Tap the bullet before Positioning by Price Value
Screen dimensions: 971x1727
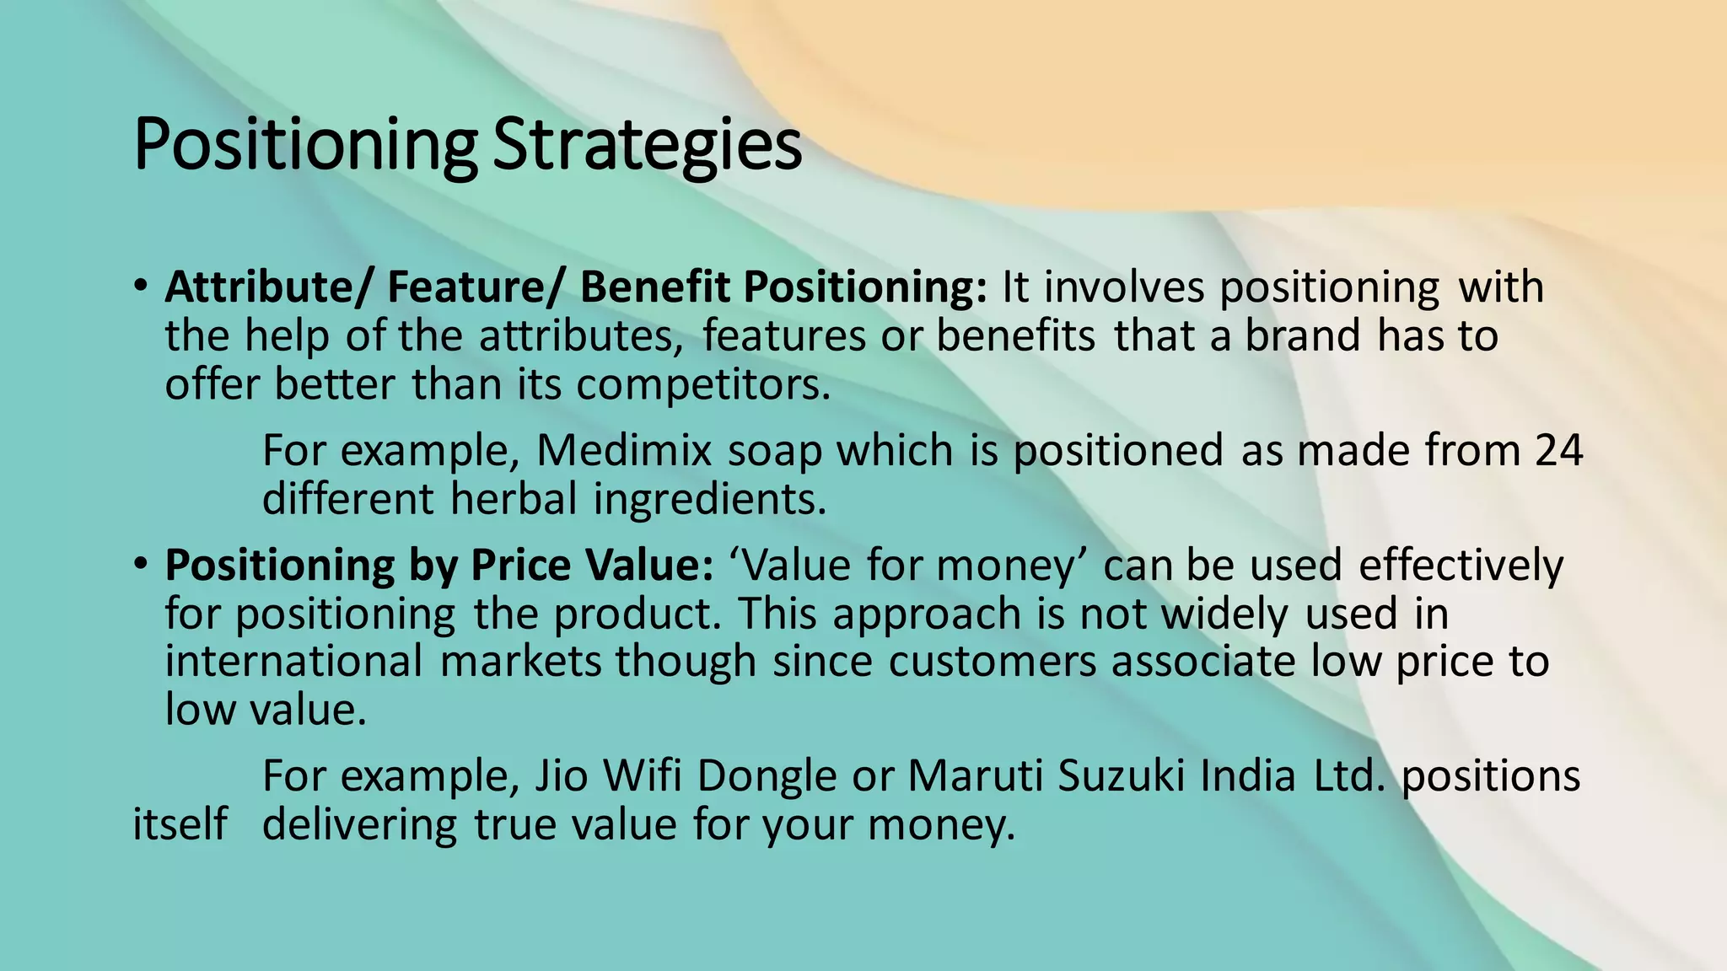click(x=141, y=562)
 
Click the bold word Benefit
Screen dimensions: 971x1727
click(x=654, y=287)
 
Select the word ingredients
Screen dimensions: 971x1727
click(x=710, y=499)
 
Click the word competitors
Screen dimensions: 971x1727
click(x=704, y=385)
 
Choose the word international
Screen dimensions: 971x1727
click(x=293, y=661)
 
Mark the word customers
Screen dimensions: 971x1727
click(x=992, y=661)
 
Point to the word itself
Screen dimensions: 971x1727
click(x=180, y=823)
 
